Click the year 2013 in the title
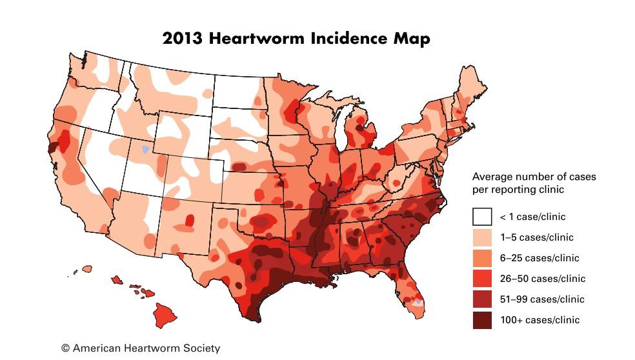(181, 38)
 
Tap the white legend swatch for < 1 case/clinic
(481, 217)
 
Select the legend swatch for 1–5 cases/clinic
(481, 237)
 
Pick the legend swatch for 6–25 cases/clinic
(481, 258)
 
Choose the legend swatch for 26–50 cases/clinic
(481, 279)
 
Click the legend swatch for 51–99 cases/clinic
(481, 299)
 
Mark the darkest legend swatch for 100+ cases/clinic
(481, 320)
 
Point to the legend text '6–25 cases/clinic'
(540, 258)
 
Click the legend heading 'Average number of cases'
(534, 177)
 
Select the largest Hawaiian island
(164, 315)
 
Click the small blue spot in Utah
(146, 149)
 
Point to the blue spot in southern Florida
(419, 302)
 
